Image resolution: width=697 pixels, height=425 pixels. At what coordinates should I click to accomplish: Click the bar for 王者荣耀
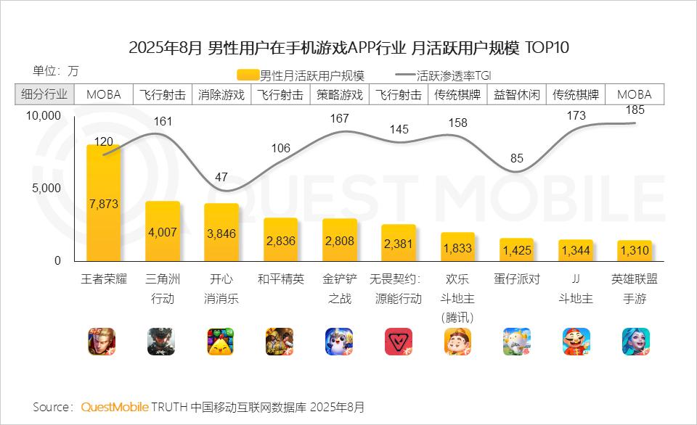pyautogui.click(x=103, y=203)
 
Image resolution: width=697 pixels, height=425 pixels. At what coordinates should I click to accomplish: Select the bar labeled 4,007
pyautogui.click(x=163, y=231)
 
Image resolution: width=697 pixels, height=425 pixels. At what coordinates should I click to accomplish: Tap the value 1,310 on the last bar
pyautogui.click(x=635, y=251)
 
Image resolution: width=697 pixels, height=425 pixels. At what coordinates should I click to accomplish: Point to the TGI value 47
pyautogui.click(x=221, y=177)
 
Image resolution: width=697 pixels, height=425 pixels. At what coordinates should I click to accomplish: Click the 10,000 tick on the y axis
pyautogui.click(x=44, y=116)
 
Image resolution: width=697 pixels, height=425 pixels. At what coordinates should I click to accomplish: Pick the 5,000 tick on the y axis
pyautogui.click(x=48, y=189)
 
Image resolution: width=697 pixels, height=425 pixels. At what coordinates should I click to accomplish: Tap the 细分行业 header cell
pyautogui.click(x=44, y=94)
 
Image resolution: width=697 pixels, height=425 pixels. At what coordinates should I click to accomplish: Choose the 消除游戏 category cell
pyautogui.click(x=221, y=94)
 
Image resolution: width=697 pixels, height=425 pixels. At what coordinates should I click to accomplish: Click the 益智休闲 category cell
pyautogui.click(x=516, y=94)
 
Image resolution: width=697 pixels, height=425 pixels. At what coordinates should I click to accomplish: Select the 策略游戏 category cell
pyautogui.click(x=340, y=94)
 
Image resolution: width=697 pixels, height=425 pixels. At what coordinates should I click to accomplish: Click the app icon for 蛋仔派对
pyautogui.click(x=516, y=342)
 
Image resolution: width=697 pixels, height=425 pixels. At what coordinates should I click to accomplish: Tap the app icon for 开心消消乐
pyautogui.click(x=221, y=342)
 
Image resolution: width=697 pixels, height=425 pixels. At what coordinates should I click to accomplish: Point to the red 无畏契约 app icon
pyautogui.click(x=399, y=342)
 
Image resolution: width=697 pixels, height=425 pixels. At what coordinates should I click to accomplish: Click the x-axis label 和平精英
pyautogui.click(x=280, y=279)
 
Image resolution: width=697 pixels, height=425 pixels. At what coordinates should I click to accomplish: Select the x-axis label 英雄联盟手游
pyautogui.click(x=635, y=288)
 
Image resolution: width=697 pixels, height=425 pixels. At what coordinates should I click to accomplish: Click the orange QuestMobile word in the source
pyautogui.click(x=115, y=406)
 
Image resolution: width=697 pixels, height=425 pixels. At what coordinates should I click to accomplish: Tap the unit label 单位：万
pyautogui.click(x=56, y=71)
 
